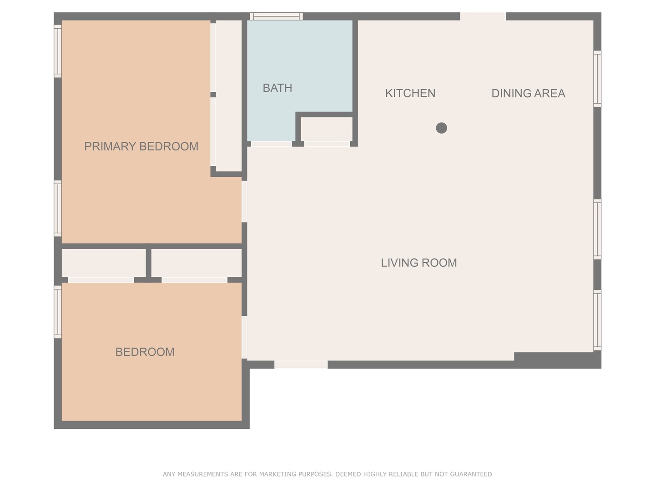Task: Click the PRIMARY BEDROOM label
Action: coord(141,146)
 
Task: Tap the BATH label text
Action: coord(277,88)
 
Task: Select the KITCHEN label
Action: coord(410,93)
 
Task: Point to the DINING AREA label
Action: coord(528,93)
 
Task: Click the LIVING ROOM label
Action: coord(418,263)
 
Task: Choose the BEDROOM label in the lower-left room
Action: coord(145,352)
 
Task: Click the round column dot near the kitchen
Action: coord(441,128)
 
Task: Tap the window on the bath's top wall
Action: coord(276,16)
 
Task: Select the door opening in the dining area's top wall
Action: coord(483,16)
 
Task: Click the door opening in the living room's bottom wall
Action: coord(301,365)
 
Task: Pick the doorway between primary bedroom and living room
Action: coord(244,201)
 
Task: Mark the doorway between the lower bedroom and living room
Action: coord(244,337)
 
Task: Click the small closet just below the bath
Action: coord(327,129)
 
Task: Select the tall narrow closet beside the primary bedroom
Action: coord(228,95)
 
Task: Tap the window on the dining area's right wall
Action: coord(597,79)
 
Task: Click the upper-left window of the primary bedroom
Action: coord(58,51)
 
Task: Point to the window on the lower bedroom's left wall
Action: coord(58,312)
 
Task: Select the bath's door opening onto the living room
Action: coord(272,144)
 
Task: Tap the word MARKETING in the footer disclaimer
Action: coord(277,474)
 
